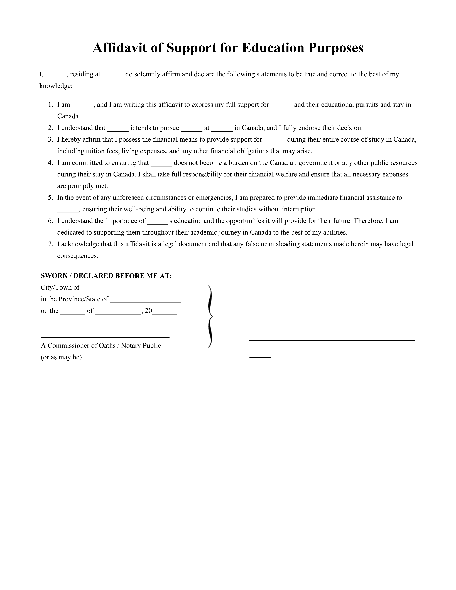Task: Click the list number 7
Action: pos(50,244)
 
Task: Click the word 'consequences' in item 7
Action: pos(77,256)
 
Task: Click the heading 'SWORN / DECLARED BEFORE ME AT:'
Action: pos(106,276)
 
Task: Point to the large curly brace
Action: pos(210,316)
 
